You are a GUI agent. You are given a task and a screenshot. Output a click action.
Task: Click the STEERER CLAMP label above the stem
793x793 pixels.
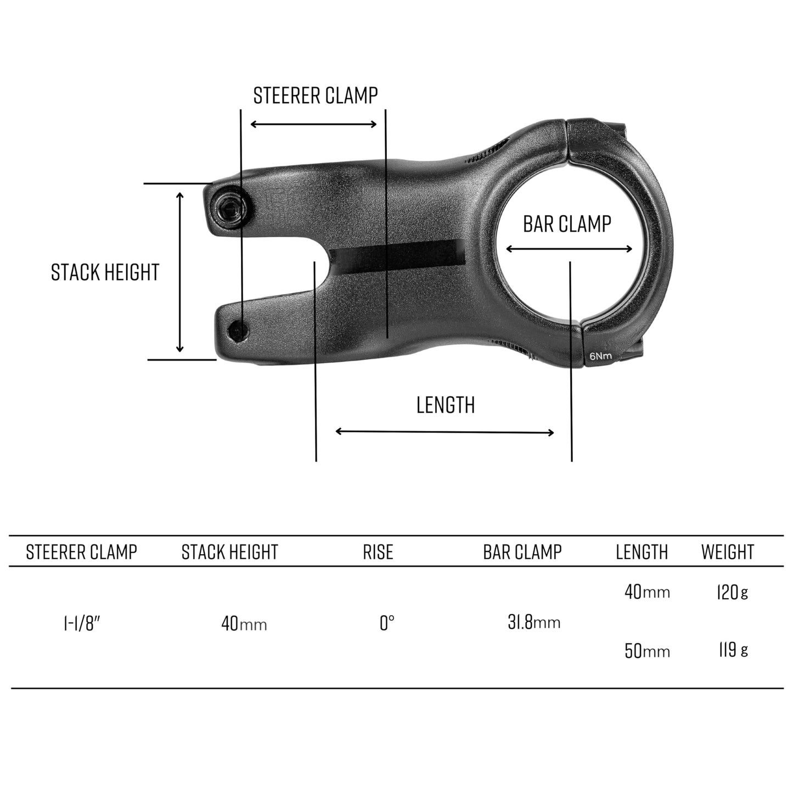(x=315, y=95)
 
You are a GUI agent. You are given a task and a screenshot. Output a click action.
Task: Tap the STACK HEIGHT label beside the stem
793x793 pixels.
(x=105, y=272)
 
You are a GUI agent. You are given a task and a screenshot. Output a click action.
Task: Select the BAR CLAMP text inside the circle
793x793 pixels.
(x=567, y=224)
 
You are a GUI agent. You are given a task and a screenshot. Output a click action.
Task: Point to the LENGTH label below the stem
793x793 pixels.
(x=445, y=405)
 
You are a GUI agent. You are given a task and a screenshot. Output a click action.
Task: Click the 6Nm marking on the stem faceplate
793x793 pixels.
(x=600, y=356)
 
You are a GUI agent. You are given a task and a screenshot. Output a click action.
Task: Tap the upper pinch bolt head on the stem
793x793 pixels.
(x=230, y=207)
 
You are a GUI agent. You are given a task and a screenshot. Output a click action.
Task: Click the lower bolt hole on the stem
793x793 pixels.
(x=238, y=331)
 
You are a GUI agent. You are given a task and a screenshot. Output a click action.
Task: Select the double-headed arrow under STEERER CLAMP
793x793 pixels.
(x=313, y=124)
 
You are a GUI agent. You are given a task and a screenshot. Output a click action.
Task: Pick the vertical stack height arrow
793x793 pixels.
(x=179, y=272)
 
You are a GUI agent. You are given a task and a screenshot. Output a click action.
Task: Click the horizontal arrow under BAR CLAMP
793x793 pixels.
(x=569, y=249)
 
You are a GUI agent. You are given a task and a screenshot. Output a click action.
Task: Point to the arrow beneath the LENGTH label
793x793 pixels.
(x=445, y=432)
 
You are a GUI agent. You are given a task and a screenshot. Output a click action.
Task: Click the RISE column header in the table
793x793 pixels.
(x=378, y=552)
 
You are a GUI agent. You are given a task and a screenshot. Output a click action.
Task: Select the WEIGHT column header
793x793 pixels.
(x=727, y=552)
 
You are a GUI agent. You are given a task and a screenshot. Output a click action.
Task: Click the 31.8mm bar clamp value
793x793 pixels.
(x=533, y=622)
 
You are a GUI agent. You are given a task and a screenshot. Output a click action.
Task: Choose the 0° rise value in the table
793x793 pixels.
(x=387, y=623)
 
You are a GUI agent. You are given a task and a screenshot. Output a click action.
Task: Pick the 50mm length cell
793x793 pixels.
(x=647, y=651)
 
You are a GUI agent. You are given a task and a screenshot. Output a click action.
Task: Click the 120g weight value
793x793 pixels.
(x=732, y=592)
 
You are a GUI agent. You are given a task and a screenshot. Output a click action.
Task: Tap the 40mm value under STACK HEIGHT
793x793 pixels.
(x=244, y=624)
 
